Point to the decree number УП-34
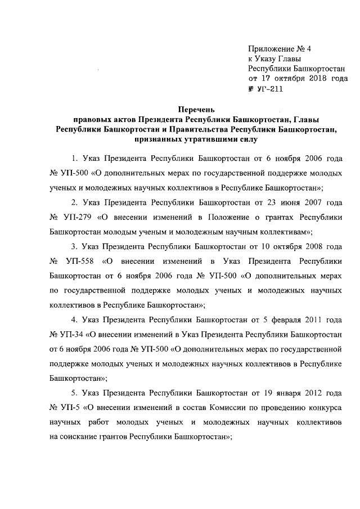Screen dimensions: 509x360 coord(69,336)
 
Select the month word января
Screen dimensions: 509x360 coord(281,392)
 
